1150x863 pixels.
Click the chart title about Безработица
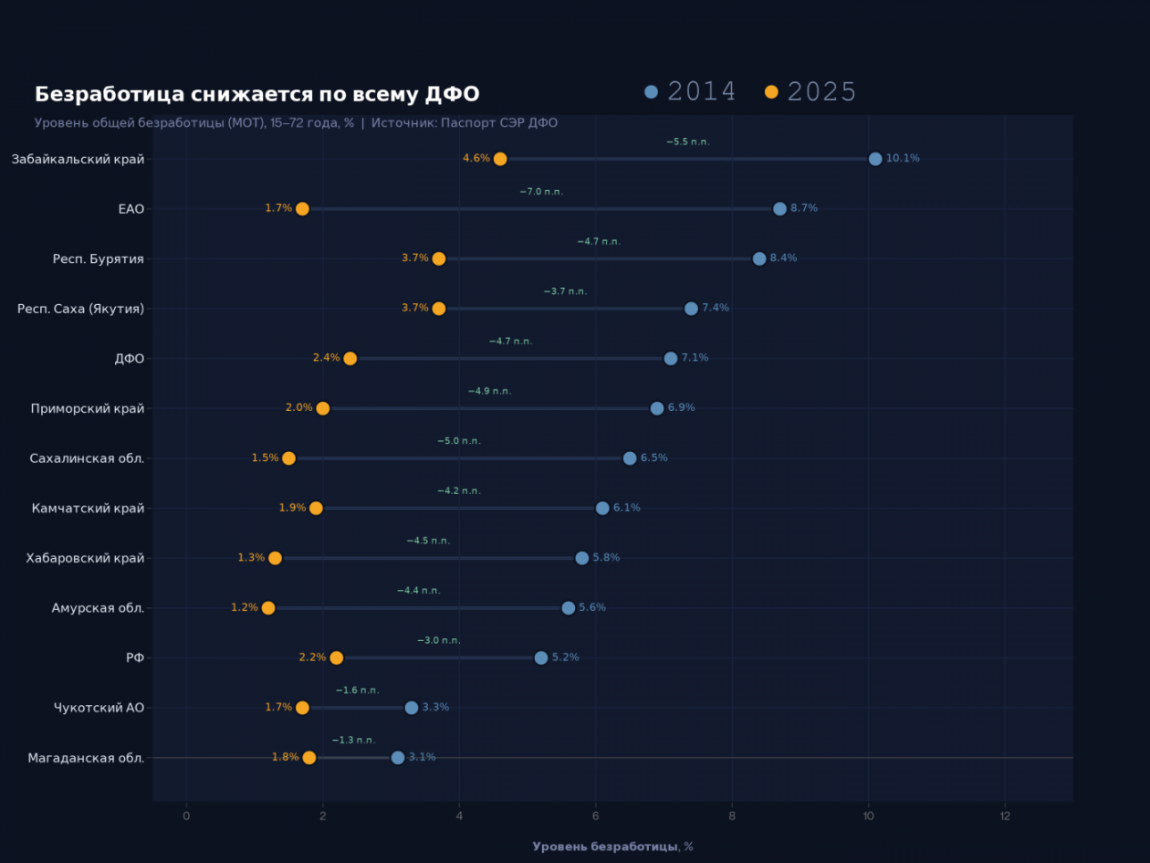pos(256,94)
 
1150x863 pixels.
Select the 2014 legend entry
pos(690,91)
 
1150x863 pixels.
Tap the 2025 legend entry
pos(810,91)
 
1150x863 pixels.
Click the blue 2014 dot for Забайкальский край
pos(875,159)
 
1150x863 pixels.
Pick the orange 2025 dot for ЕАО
pos(302,208)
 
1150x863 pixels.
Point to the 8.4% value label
pos(783,258)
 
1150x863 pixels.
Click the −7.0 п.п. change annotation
pos(541,192)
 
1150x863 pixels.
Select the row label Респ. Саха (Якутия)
pos(80,309)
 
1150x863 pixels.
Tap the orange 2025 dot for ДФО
pos(350,358)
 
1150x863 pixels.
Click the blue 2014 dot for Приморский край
pos(657,408)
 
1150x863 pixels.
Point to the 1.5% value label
pos(265,458)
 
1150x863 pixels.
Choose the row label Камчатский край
pos(88,509)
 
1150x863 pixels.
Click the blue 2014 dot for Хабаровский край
pos(582,558)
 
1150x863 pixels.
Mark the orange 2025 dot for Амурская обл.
pos(268,608)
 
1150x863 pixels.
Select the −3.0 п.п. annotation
pos(438,640)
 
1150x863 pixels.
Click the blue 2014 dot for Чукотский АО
pos(412,708)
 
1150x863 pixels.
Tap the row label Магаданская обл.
pos(86,758)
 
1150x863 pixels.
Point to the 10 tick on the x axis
pos(868,816)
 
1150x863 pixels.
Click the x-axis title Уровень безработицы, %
pos(612,847)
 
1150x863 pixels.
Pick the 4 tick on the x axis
pos(459,816)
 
